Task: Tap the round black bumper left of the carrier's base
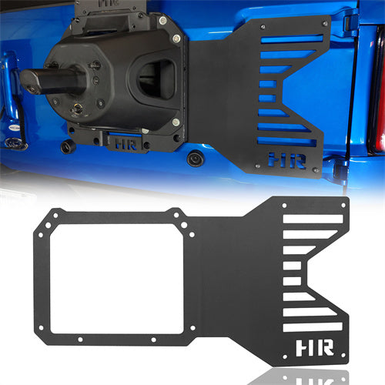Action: point(68,145)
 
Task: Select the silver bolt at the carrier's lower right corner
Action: point(176,121)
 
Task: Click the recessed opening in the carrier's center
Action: point(160,77)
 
